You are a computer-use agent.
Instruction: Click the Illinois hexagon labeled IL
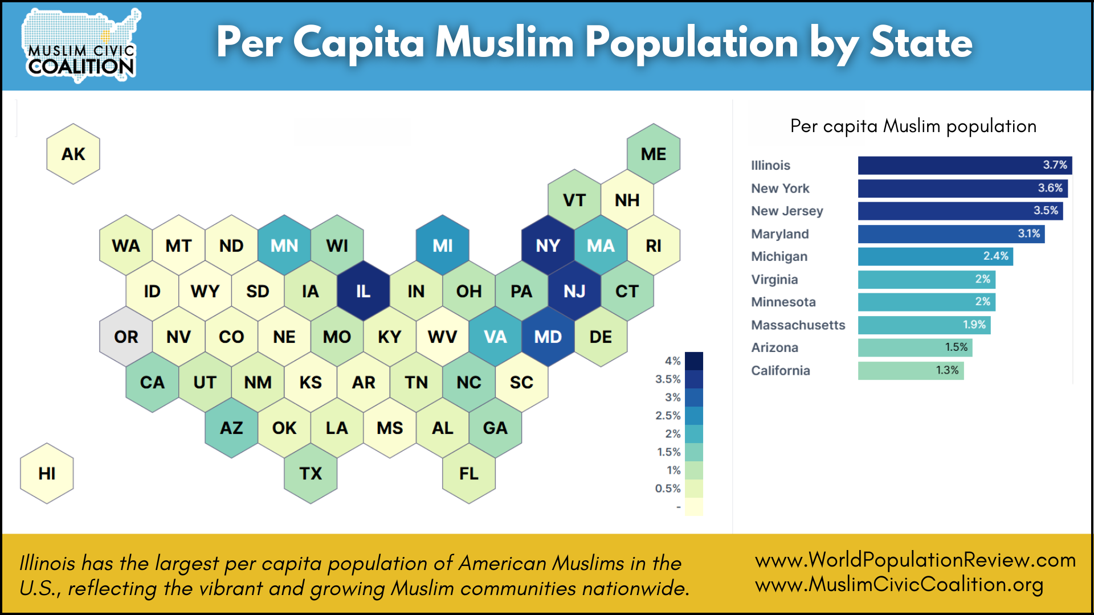click(x=363, y=291)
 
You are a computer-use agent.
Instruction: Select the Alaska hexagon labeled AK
click(x=73, y=154)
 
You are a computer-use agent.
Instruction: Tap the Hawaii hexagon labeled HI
click(x=47, y=473)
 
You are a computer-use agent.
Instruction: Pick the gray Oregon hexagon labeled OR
click(x=126, y=337)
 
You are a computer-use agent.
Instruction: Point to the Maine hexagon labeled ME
click(x=653, y=154)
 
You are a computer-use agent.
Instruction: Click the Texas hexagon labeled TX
click(x=311, y=473)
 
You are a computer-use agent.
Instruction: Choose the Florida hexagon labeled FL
click(x=468, y=473)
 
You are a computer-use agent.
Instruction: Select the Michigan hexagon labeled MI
click(x=442, y=245)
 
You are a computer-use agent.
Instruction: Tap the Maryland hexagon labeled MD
click(x=548, y=337)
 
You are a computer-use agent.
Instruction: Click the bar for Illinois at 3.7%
click(x=964, y=165)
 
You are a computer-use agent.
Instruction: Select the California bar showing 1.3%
click(x=911, y=371)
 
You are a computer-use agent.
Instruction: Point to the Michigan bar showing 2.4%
click(x=934, y=256)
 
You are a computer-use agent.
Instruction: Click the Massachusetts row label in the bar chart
click(x=798, y=325)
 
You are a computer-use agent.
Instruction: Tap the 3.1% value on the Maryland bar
click(x=1028, y=233)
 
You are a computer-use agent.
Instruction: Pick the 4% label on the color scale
click(x=672, y=361)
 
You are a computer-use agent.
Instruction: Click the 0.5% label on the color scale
click(x=668, y=489)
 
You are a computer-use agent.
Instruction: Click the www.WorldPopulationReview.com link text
click(x=915, y=560)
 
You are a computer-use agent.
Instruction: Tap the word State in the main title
click(x=921, y=43)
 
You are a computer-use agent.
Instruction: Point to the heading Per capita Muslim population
click(x=913, y=126)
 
